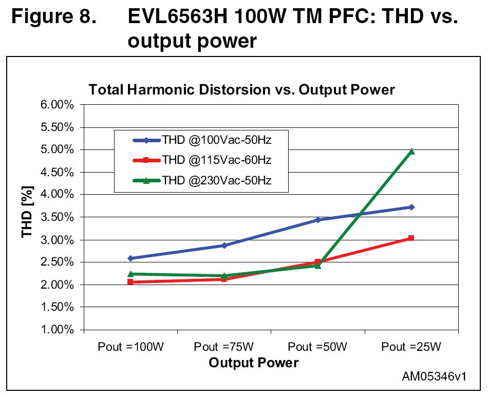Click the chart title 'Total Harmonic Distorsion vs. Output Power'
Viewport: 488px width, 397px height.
(241, 90)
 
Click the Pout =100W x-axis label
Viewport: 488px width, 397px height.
(130, 347)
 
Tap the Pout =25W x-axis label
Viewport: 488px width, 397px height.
(411, 347)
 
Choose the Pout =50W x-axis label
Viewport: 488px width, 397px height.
(317, 347)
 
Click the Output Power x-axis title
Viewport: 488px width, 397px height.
(253, 363)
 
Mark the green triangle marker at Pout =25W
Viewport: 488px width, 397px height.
(411, 152)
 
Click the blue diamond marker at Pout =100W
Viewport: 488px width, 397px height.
(130, 258)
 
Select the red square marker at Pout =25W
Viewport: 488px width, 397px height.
(411, 238)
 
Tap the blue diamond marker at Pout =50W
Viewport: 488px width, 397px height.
(318, 220)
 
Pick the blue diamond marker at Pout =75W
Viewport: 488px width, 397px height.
(224, 245)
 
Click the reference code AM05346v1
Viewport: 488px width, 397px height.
(434, 376)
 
